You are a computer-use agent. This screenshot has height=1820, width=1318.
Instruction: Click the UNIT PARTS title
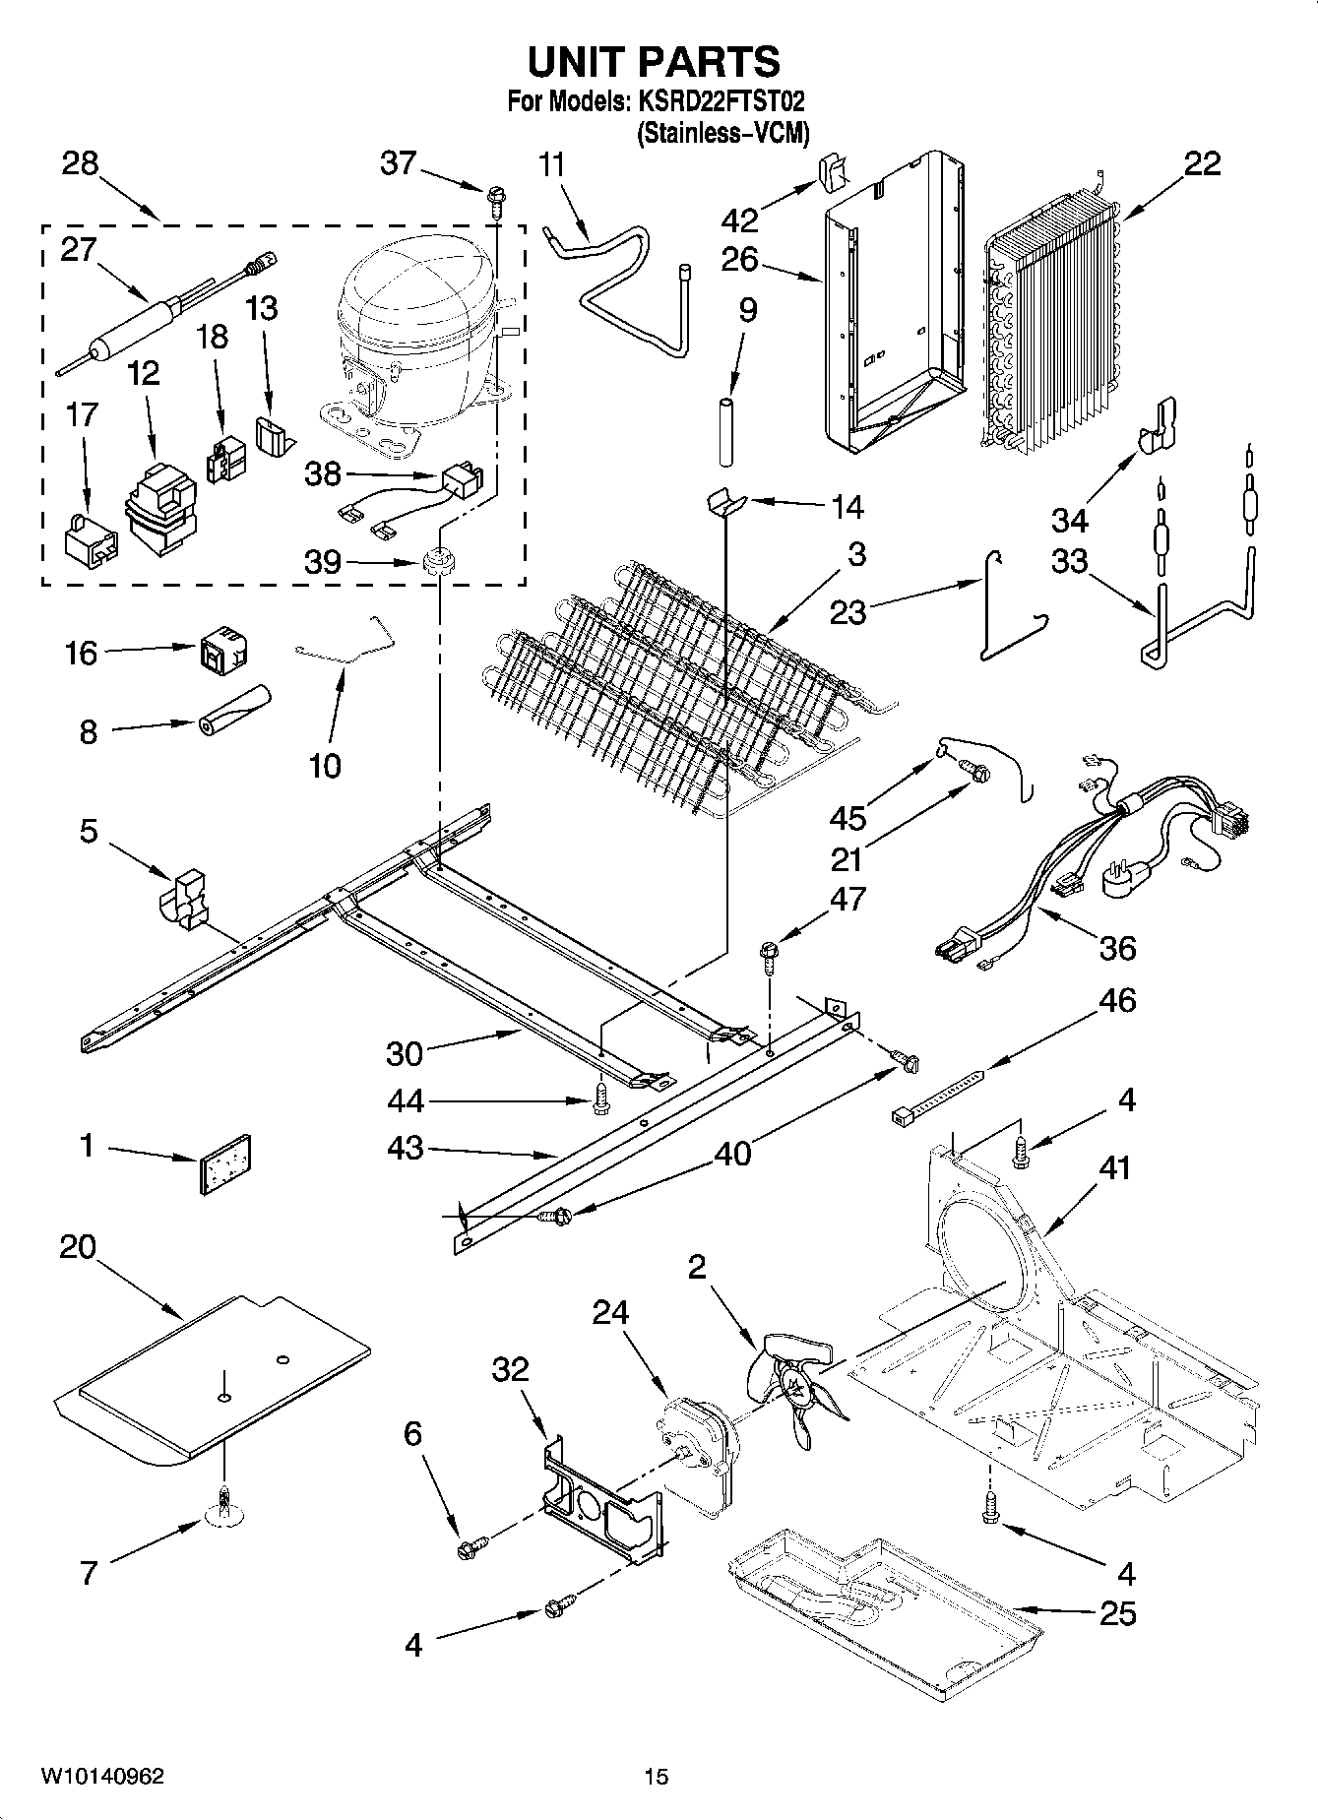tap(654, 62)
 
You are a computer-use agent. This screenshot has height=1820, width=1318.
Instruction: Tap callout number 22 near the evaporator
tap(1202, 163)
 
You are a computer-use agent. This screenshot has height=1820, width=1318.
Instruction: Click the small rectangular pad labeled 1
tap(225, 1164)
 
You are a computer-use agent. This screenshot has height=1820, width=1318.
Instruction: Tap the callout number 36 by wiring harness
tap(1116, 948)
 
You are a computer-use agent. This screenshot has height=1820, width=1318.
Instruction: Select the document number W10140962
tap(102, 1777)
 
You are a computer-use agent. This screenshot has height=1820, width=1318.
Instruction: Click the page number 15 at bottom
tap(657, 1777)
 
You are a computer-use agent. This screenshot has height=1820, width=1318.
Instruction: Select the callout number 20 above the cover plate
tap(78, 1248)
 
